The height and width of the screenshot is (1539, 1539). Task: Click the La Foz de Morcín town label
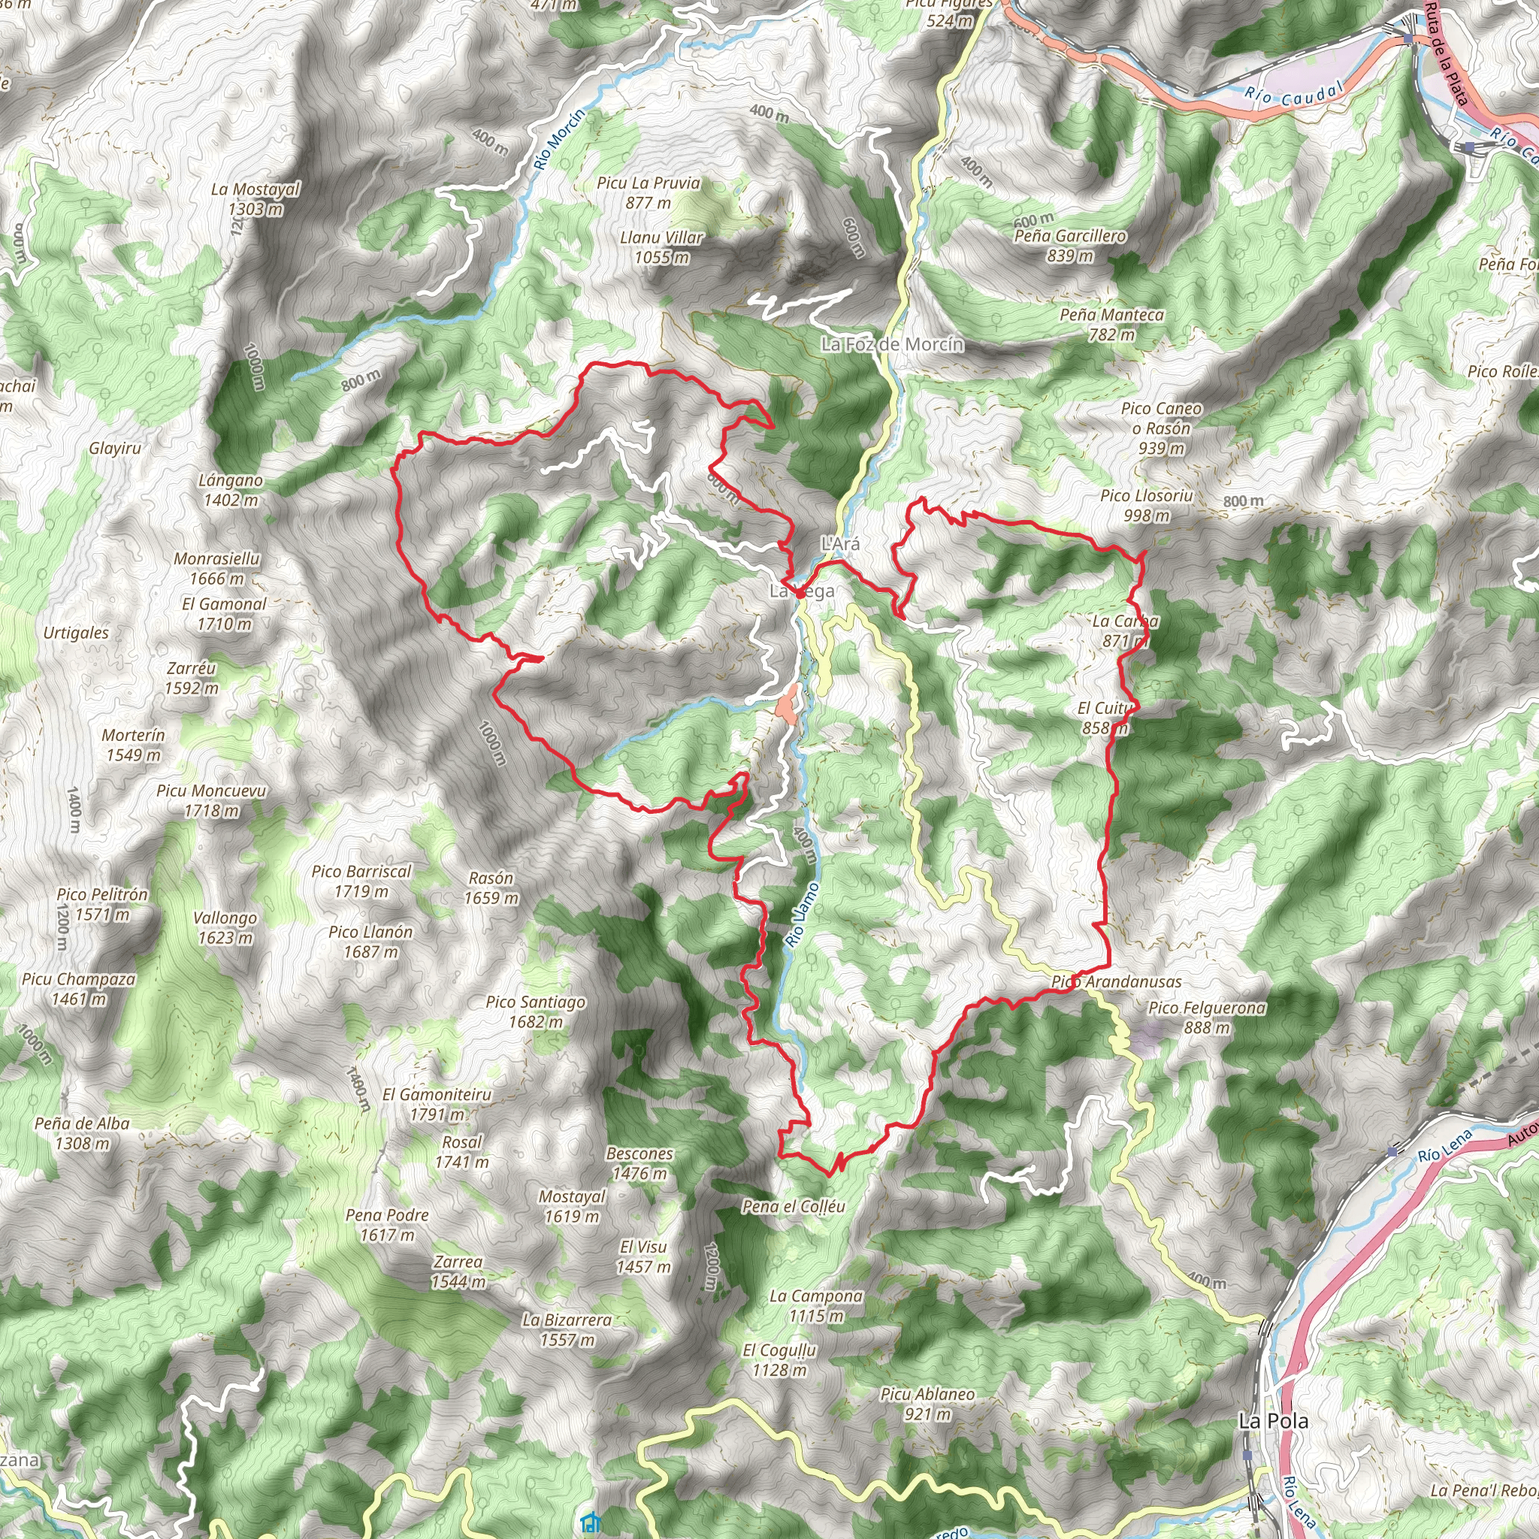click(892, 345)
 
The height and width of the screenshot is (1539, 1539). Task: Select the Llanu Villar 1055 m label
click(661, 247)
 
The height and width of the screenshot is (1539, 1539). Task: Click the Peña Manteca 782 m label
click(1111, 325)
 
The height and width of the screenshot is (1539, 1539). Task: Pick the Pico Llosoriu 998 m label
click(1146, 506)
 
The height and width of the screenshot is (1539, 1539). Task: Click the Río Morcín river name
click(559, 138)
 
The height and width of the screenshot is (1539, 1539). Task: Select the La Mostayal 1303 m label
click(255, 199)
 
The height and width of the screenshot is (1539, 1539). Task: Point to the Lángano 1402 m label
click(231, 491)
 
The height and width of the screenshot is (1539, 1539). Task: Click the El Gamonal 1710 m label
click(224, 613)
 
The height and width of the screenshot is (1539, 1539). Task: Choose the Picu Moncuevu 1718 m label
click(211, 800)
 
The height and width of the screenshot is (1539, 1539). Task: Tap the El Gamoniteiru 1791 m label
click(437, 1104)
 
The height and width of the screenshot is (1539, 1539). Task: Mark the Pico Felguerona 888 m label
click(1207, 1017)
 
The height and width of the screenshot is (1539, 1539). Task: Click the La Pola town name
click(1273, 1421)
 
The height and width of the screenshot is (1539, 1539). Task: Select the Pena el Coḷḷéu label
click(794, 1207)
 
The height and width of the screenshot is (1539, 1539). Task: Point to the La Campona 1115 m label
click(815, 1305)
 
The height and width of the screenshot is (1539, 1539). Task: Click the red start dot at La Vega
click(799, 594)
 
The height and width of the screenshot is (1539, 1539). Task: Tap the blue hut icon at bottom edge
click(590, 1522)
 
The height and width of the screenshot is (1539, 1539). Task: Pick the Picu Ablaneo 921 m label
click(927, 1404)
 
